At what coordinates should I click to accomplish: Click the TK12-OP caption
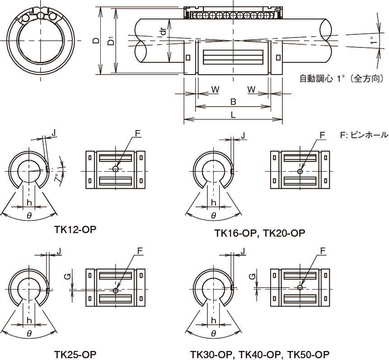tap(75, 229)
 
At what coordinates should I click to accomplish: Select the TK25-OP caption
tap(75, 354)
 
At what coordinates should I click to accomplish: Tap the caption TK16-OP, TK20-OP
tap(260, 233)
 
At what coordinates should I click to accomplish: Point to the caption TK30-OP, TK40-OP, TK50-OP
tap(259, 354)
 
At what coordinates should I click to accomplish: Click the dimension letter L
tap(233, 115)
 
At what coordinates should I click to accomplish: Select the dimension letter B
tap(233, 102)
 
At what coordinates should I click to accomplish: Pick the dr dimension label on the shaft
tap(163, 32)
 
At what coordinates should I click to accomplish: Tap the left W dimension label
tap(216, 89)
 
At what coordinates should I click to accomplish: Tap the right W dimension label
tap(251, 89)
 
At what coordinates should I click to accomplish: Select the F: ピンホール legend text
tap(364, 135)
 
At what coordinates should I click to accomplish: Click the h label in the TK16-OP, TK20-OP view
tap(213, 202)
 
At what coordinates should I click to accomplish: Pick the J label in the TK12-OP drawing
tap(54, 133)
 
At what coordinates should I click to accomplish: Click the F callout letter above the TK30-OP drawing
tap(322, 251)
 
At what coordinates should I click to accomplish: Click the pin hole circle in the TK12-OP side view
tap(116, 169)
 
